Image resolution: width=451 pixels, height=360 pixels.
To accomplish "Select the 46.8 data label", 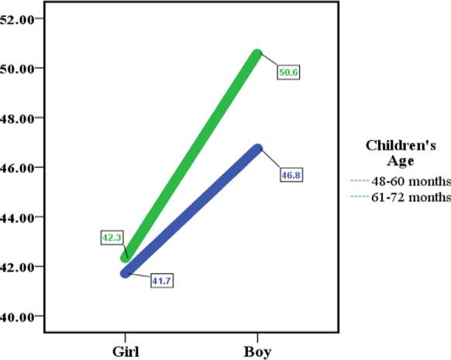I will [x=291, y=176].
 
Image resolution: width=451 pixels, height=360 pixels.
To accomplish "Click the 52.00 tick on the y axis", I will [x=17, y=19].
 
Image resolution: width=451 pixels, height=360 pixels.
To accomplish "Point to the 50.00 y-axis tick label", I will [x=17, y=68].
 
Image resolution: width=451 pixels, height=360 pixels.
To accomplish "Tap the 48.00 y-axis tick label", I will [x=17, y=118].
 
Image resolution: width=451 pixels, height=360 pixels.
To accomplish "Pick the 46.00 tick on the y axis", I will [x=17, y=167].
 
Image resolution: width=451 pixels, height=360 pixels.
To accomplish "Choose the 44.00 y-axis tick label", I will [x=17, y=217].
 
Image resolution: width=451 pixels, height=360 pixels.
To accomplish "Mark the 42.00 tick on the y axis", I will [x=17, y=266].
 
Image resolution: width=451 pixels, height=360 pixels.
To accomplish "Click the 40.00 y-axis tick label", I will [x=17, y=316].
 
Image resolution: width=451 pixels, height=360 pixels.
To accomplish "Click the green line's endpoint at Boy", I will [x=257, y=53].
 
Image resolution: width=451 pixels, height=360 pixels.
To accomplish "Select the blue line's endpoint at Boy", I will [x=257, y=148].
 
